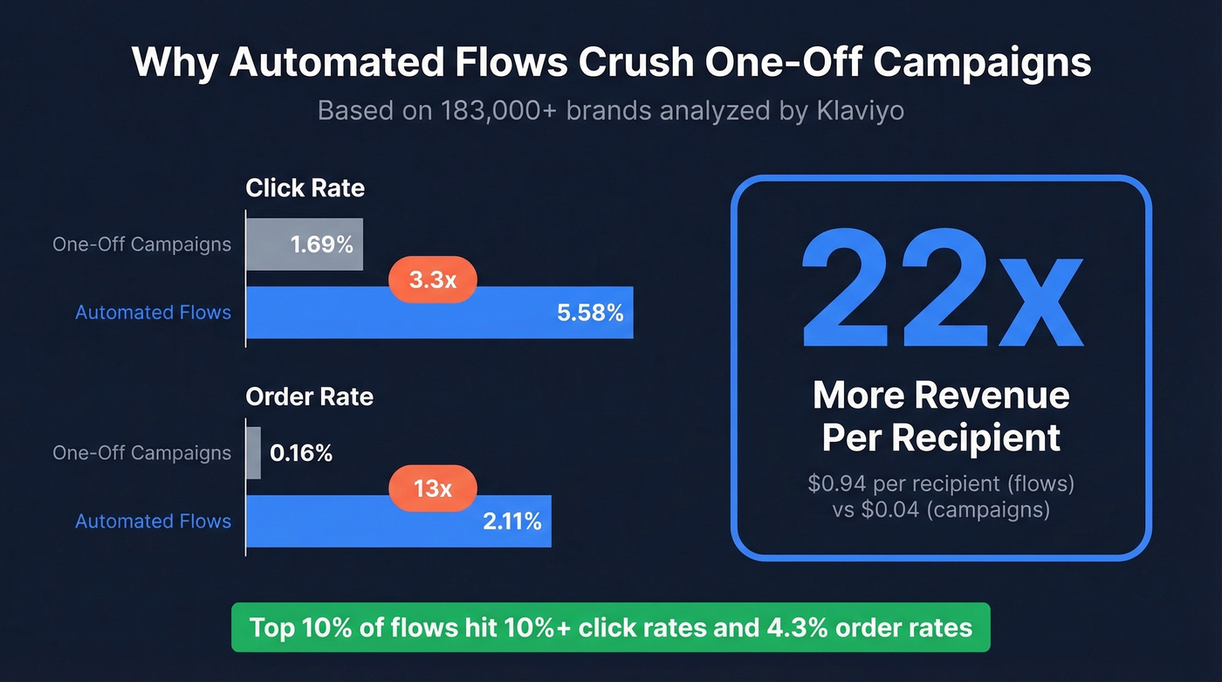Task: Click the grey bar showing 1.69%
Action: click(304, 244)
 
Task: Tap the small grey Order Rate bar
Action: click(254, 452)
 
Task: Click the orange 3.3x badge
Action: click(433, 280)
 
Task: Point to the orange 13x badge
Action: click(433, 488)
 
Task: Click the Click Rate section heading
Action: click(305, 188)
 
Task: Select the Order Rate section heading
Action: click(309, 396)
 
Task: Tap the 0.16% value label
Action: click(301, 453)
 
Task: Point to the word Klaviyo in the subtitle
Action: click(860, 112)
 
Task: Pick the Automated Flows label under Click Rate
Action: click(153, 313)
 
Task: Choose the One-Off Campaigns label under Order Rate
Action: click(141, 453)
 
